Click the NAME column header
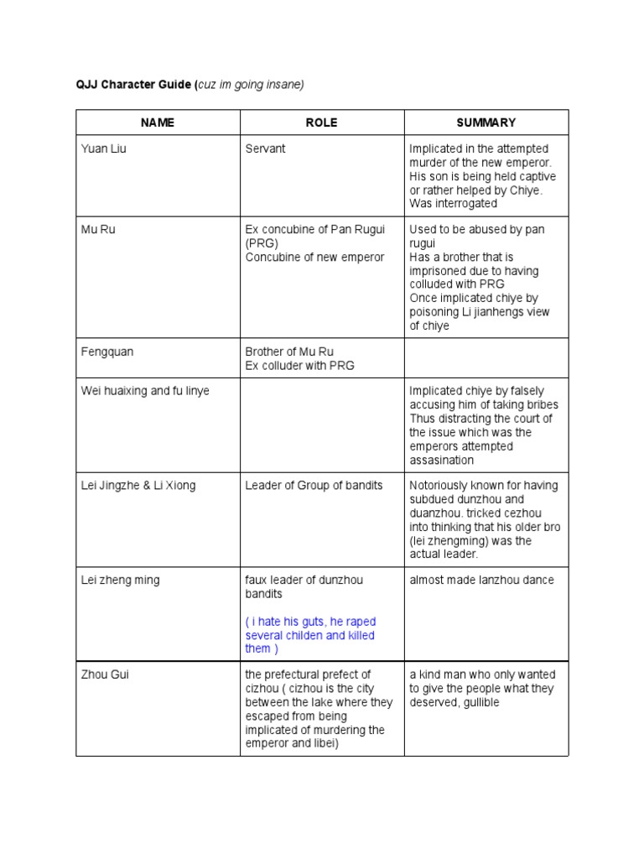pos(158,122)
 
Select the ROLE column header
pos(322,122)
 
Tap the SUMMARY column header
pos(486,122)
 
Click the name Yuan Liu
pos(104,148)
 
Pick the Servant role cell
pos(265,148)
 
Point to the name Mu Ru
pos(97,229)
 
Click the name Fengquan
pos(107,351)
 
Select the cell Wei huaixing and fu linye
pos(145,391)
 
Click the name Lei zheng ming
pos(120,580)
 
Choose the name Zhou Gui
pos(105,674)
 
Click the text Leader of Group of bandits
pos(314,485)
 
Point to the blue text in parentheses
pos(310,635)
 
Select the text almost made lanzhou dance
pos(481,580)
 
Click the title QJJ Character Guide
pos(133,84)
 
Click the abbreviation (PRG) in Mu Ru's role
pos(261,243)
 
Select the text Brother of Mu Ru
pos(289,351)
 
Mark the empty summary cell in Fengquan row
pos(486,358)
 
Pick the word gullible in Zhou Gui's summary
pos(480,702)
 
